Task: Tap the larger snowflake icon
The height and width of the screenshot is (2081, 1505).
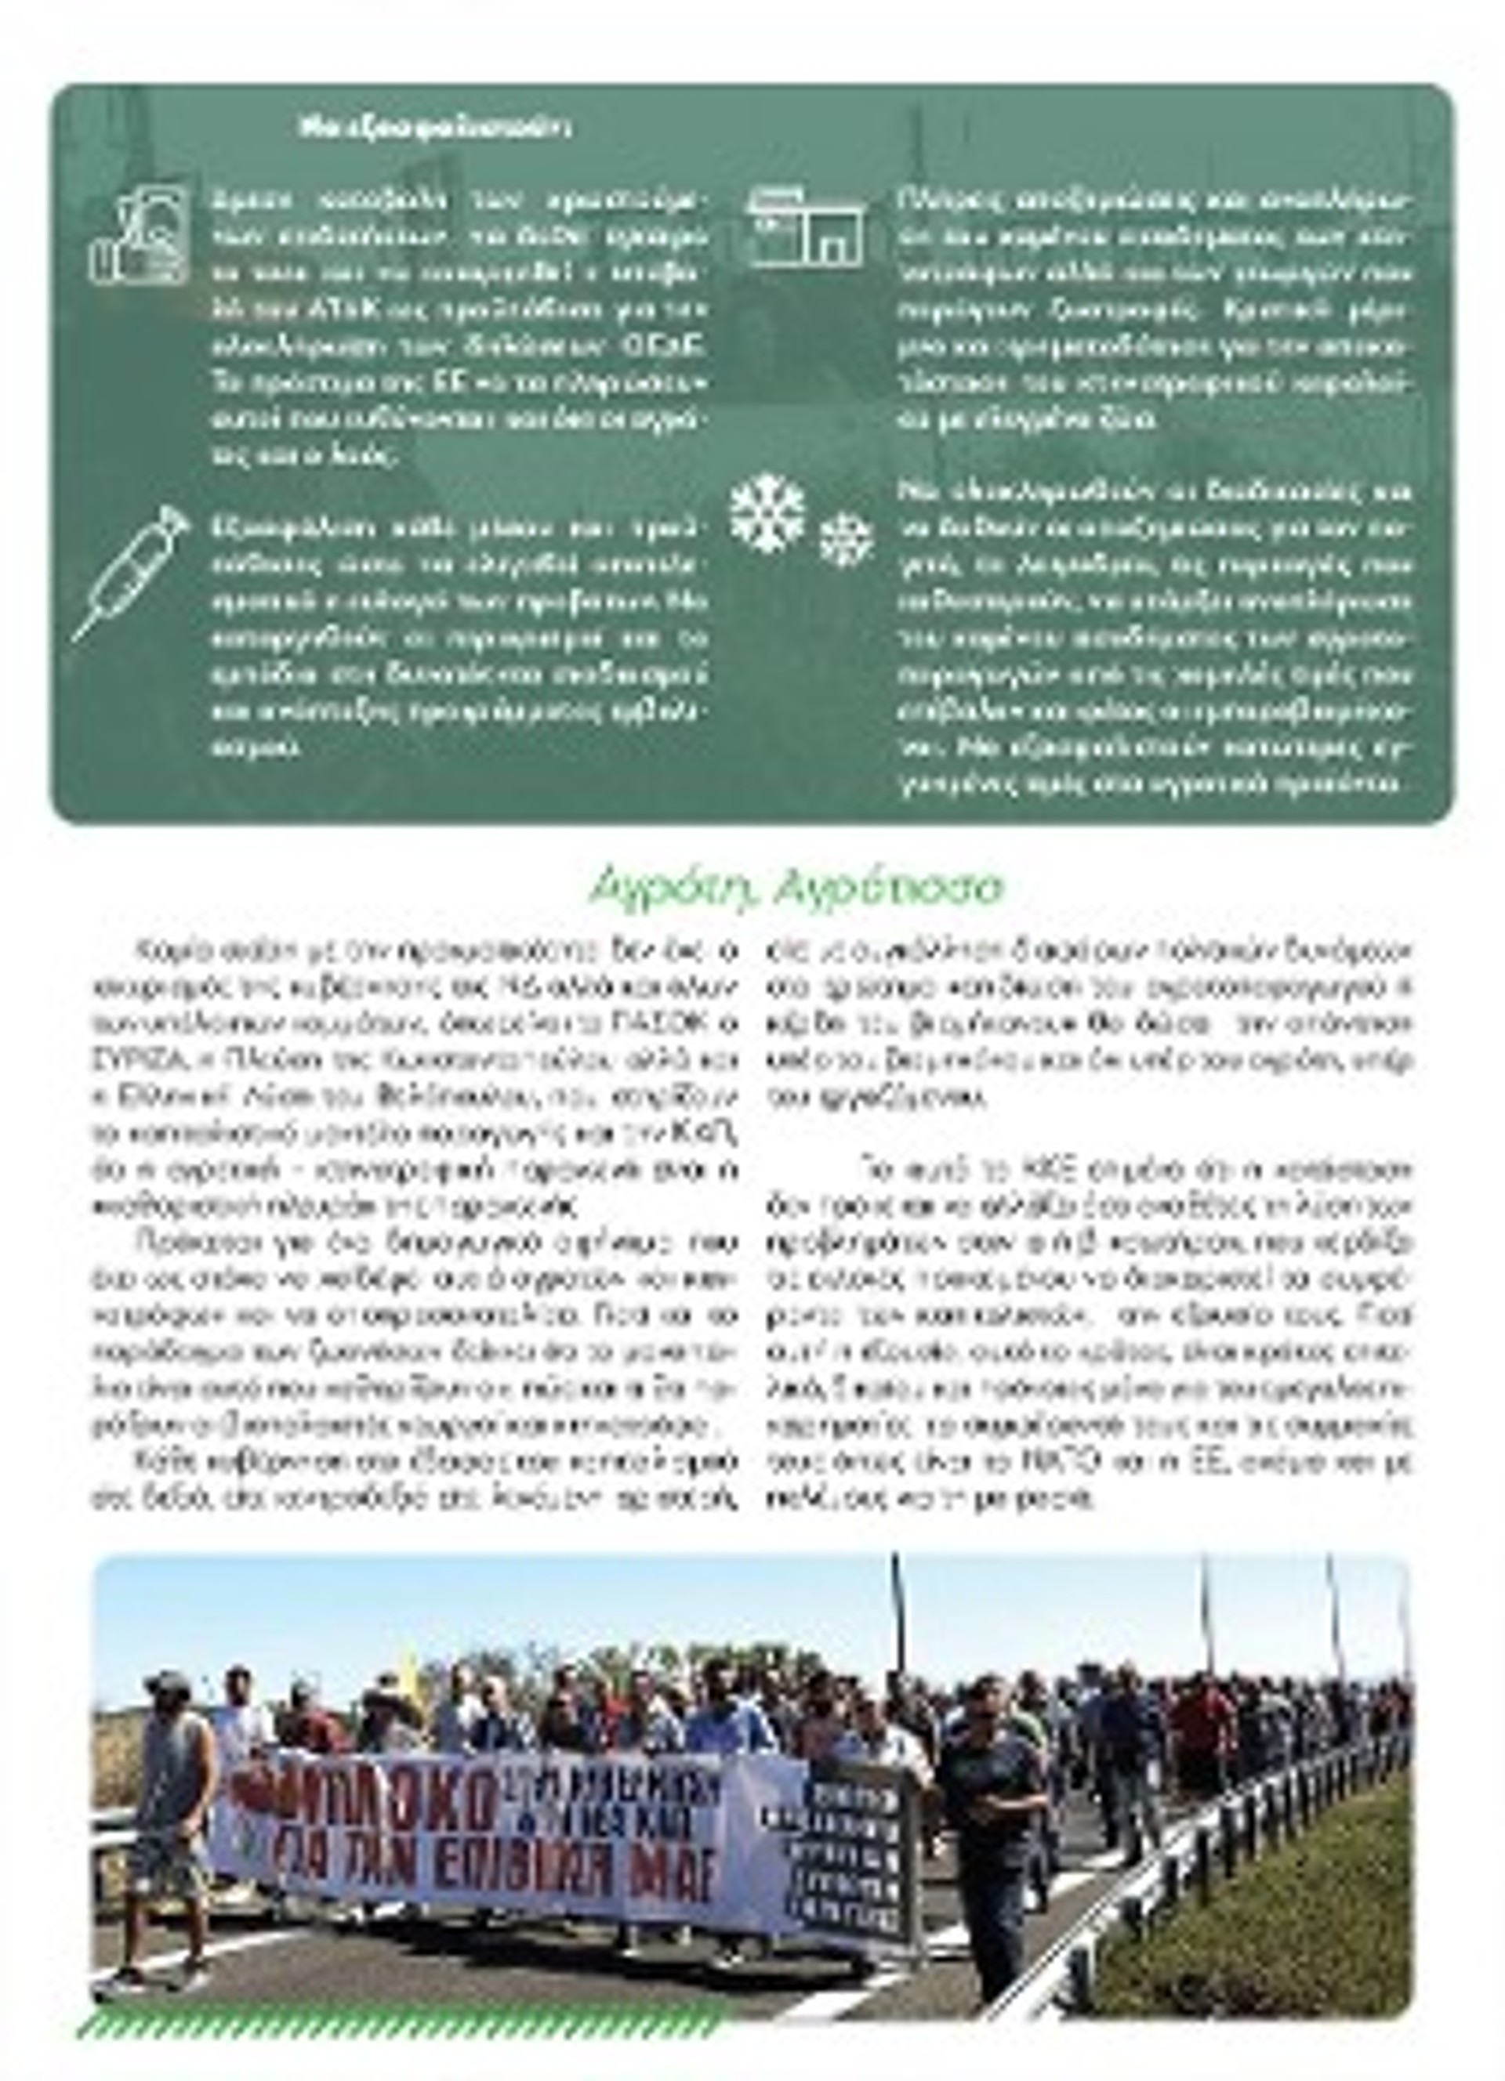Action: pyautogui.click(x=767, y=513)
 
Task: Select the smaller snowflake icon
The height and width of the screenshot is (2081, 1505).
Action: pyautogui.click(x=844, y=538)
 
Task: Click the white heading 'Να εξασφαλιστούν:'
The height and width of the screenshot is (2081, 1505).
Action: pyautogui.click(x=434, y=128)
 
